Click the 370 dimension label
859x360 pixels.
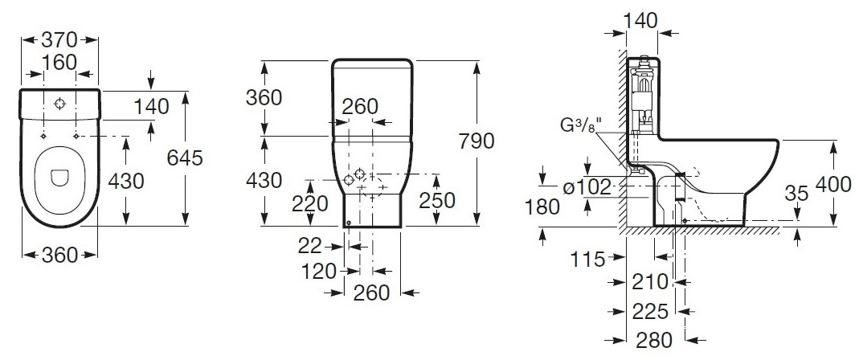(x=59, y=40)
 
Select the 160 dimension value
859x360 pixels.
(x=59, y=63)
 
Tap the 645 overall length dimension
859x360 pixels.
(x=185, y=158)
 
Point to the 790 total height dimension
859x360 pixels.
(x=476, y=141)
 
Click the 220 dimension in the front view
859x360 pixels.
(x=310, y=204)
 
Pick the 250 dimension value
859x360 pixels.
(x=436, y=201)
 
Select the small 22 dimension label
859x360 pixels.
(x=309, y=247)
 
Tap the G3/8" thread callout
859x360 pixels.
(x=580, y=126)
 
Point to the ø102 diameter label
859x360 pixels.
(x=587, y=188)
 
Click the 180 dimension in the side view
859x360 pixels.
(x=542, y=207)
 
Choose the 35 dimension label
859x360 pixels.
(x=796, y=193)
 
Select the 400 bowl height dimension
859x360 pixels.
(x=833, y=185)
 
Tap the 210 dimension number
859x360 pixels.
(x=651, y=282)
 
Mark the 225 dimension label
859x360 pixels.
(x=651, y=313)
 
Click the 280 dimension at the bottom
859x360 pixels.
(x=654, y=341)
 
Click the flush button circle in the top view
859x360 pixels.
(x=59, y=104)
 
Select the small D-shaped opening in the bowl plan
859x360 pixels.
(x=58, y=178)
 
